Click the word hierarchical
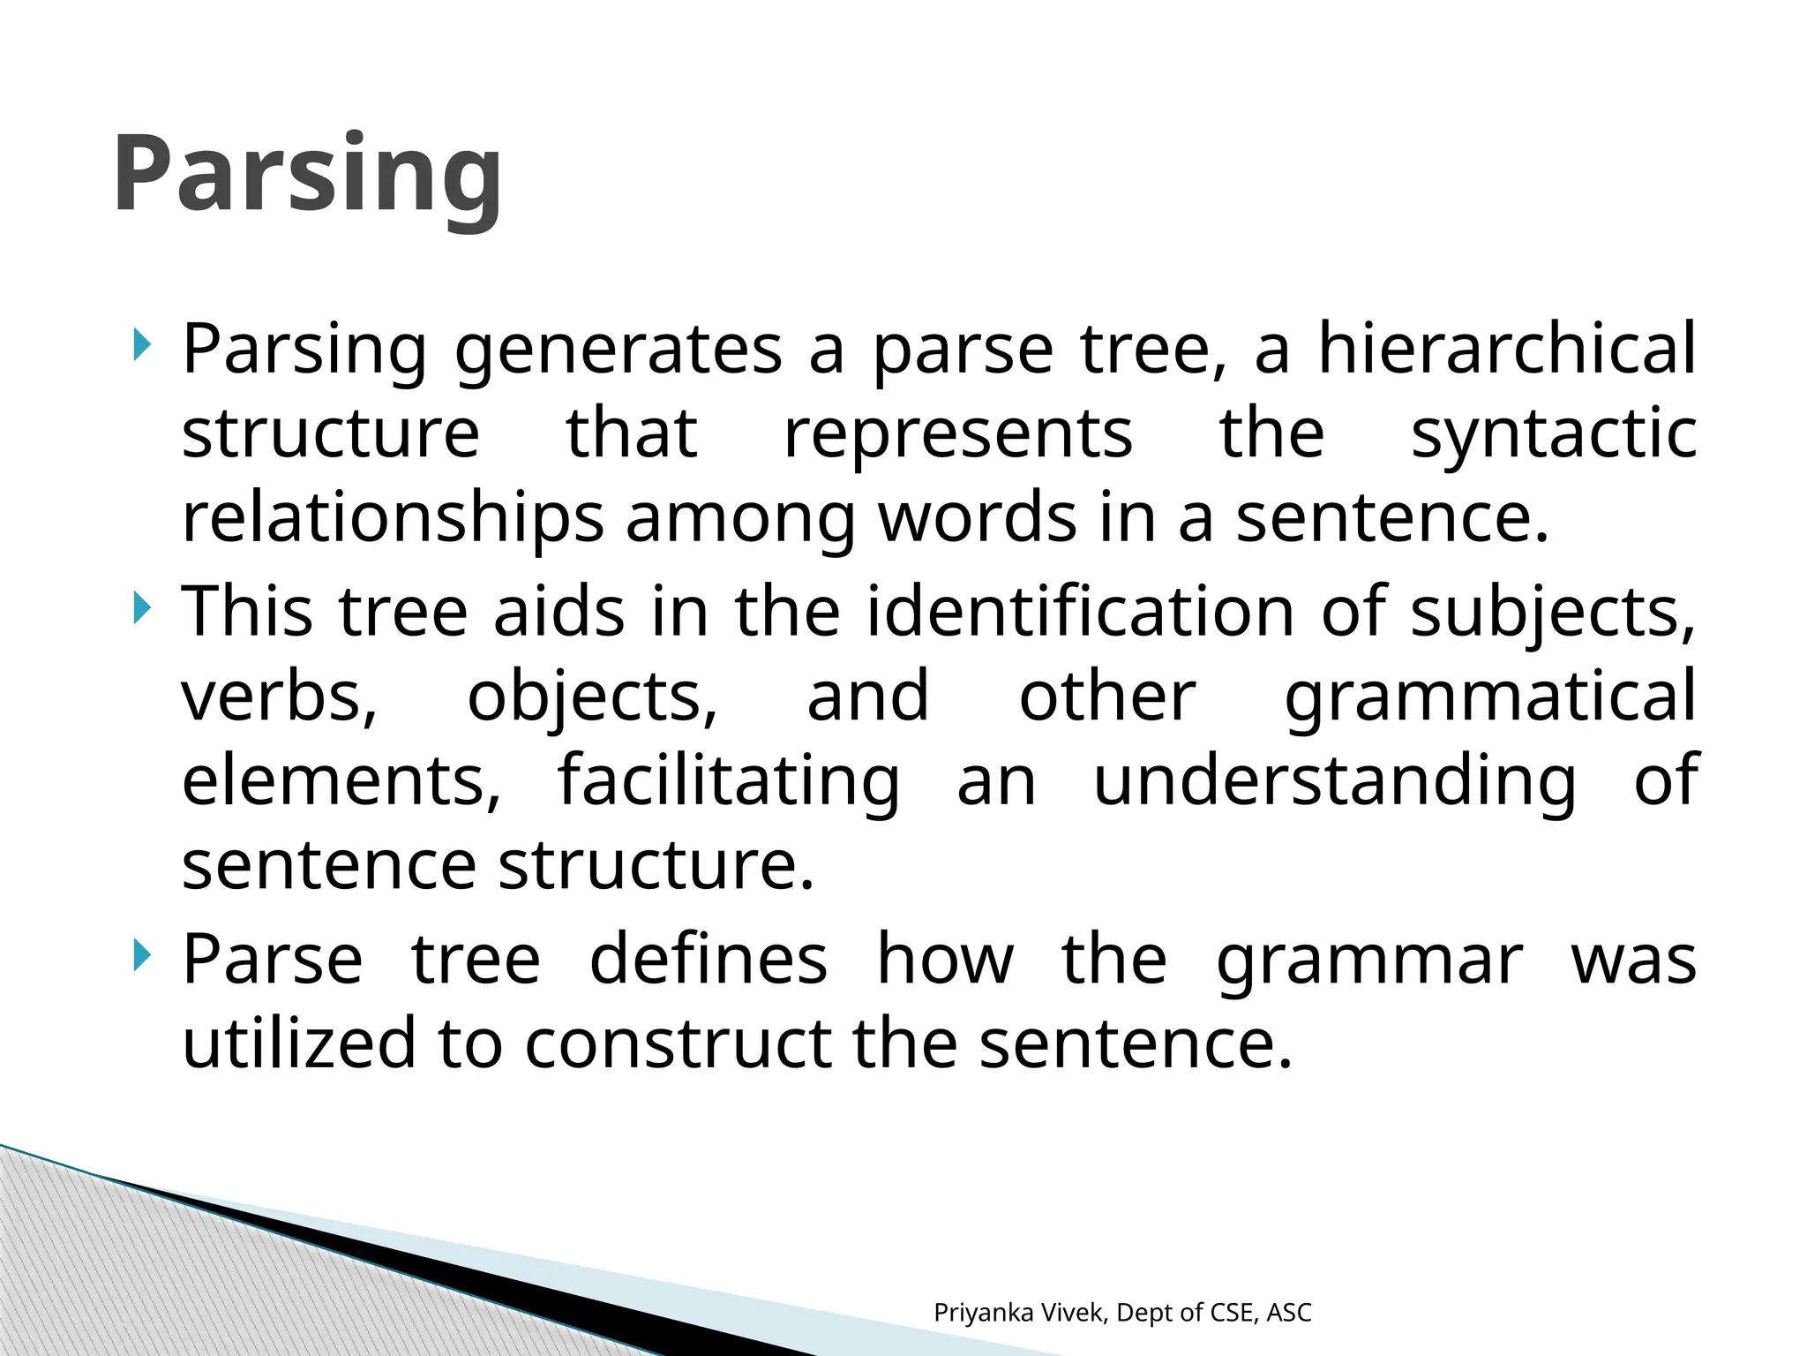point(1507,349)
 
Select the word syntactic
point(1554,433)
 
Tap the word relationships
point(393,518)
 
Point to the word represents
point(958,433)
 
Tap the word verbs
point(280,697)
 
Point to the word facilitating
point(729,781)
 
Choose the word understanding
point(1334,781)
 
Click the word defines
point(709,959)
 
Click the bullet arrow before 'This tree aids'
point(141,608)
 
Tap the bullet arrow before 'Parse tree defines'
point(141,956)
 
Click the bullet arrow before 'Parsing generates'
point(141,345)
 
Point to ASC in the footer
point(1289,1313)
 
